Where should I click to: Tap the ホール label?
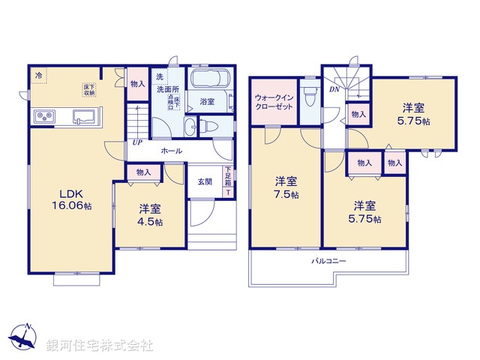point(169,151)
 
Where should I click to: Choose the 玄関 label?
point(205,181)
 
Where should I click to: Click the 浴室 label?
point(208,101)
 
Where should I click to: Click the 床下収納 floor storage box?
point(89,89)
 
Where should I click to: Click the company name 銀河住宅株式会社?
point(100,346)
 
